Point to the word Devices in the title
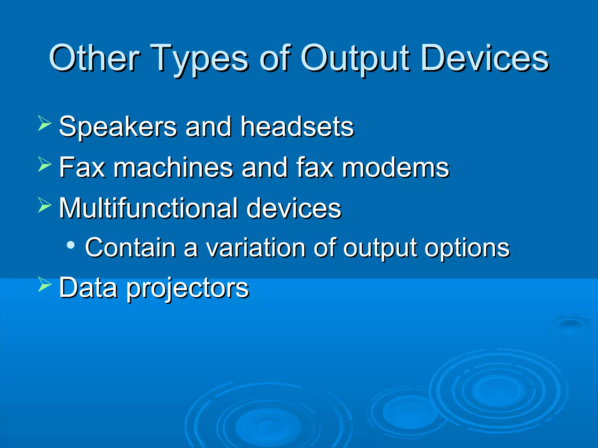click(x=485, y=58)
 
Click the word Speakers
click(x=118, y=127)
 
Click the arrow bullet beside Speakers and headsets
click(x=44, y=123)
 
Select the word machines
click(x=173, y=168)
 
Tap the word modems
click(x=395, y=168)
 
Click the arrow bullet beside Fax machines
click(x=44, y=164)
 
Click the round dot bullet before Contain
click(x=70, y=245)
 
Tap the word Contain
click(x=130, y=248)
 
